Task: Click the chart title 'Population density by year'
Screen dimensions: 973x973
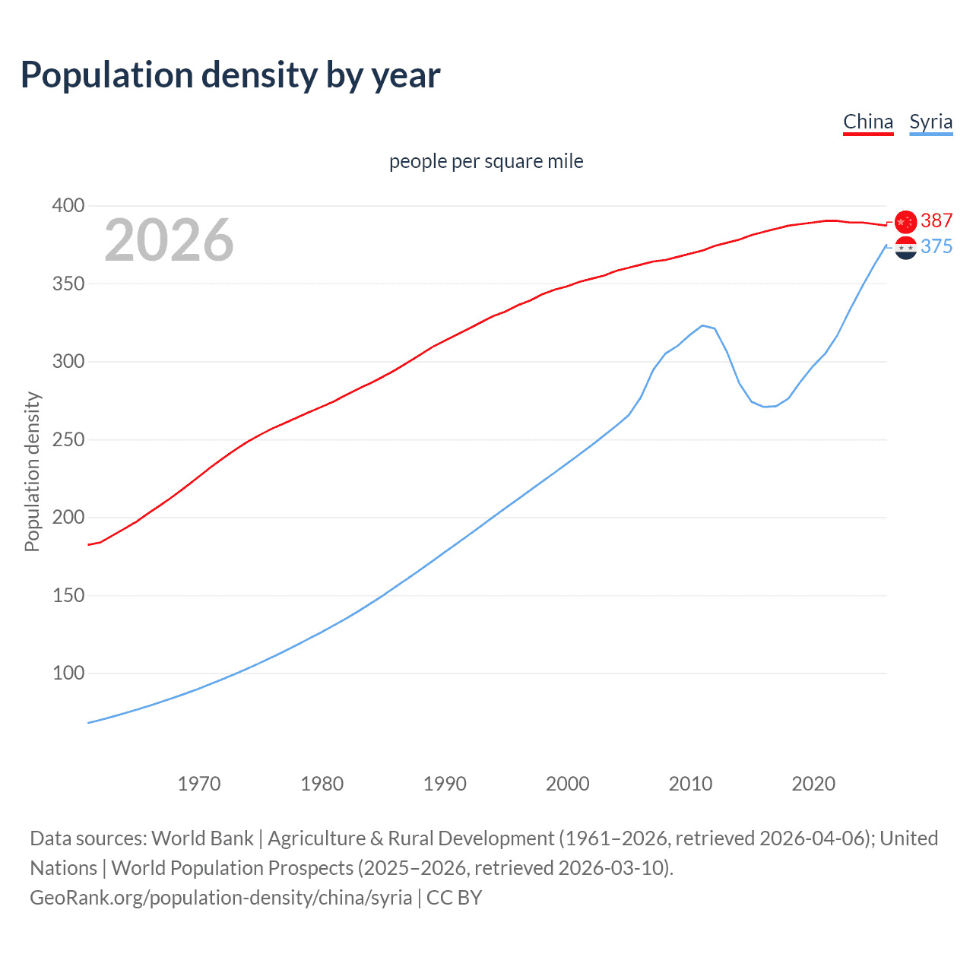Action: [230, 75]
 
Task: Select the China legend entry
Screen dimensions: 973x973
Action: [868, 122]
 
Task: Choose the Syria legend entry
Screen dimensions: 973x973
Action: [930, 122]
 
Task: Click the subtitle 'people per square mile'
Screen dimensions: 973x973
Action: [486, 161]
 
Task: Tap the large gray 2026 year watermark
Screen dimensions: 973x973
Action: [169, 240]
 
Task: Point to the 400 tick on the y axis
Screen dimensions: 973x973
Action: [68, 205]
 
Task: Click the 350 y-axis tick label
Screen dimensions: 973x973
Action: [68, 284]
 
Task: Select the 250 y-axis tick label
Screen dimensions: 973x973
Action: [68, 439]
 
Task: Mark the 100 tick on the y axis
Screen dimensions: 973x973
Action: [68, 673]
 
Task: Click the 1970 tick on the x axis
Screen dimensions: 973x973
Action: [199, 784]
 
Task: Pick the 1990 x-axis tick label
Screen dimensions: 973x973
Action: [445, 784]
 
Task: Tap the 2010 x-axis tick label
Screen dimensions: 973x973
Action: [690, 784]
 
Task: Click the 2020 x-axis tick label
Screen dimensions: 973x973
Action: [813, 784]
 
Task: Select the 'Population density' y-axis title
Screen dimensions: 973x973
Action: [32, 471]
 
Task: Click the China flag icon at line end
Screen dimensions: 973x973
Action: [905, 221]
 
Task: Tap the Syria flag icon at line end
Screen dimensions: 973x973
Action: [905, 248]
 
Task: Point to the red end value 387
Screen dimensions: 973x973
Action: [937, 220]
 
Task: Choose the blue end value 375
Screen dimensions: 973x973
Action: [937, 246]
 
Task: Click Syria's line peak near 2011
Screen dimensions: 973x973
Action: [702, 325]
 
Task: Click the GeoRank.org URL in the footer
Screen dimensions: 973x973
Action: [220, 898]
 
